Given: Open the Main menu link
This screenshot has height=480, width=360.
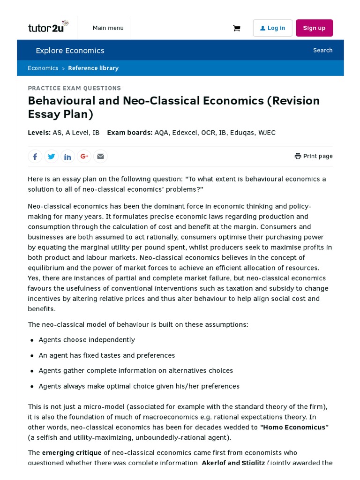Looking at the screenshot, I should click(x=108, y=28).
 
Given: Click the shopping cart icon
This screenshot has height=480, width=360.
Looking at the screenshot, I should click(x=236, y=28).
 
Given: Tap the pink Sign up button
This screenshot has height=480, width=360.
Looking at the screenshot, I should click(x=314, y=28).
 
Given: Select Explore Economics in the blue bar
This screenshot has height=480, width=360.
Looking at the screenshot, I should click(x=70, y=51).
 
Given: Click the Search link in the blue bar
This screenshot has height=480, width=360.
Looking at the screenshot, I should click(x=322, y=50).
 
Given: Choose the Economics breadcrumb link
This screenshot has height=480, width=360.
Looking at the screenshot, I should click(x=43, y=68).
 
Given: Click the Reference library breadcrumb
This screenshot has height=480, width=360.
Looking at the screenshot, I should click(x=93, y=68).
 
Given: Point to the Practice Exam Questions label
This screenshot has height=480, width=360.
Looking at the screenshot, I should click(x=74, y=88).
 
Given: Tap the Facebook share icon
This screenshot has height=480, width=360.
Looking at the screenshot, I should click(x=35, y=157).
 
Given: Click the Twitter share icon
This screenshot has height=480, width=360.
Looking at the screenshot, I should click(x=52, y=157).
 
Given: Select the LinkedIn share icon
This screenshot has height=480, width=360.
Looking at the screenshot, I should click(x=67, y=157).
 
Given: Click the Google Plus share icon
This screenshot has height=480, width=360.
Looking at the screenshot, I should click(x=84, y=157).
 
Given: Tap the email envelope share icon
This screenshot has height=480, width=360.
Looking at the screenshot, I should click(x=100, y=157).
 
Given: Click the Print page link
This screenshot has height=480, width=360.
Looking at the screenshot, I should click(x=314, y=156).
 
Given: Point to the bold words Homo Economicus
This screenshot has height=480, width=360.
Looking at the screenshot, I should click(x=294, y=427).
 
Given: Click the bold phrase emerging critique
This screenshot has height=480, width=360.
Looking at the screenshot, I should click(x=71, y=453).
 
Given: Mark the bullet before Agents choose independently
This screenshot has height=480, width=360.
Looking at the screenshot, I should click(x=32, y=340).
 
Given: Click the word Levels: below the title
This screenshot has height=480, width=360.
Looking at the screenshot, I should click(x=39, y=133).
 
